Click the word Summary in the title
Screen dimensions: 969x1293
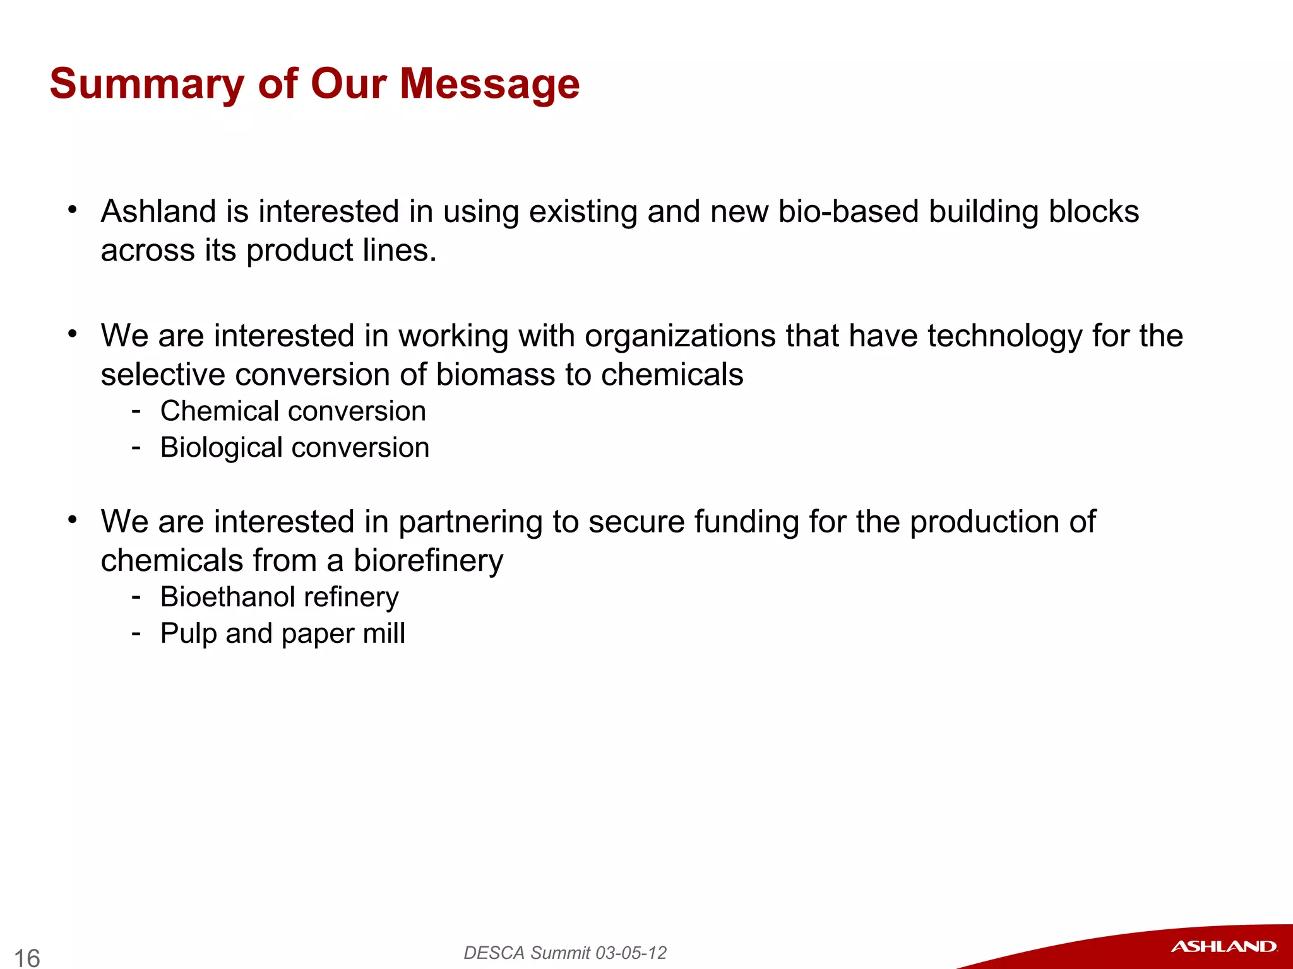[147, 84]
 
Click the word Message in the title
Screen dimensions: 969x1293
[489, 84]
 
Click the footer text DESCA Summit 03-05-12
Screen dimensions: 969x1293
[565, 953]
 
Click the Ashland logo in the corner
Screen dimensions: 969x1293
[1223, 946]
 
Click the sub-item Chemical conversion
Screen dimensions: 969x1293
[293, 411]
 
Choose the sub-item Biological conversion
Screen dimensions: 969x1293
[294, 448]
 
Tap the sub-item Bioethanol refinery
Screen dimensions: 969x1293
[279, 597]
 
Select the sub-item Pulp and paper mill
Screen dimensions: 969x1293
[282, 633]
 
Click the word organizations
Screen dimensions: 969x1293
[679, 336]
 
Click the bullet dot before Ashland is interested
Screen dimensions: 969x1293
[73, 209]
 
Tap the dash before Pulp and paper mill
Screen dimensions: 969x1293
[136, 632]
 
